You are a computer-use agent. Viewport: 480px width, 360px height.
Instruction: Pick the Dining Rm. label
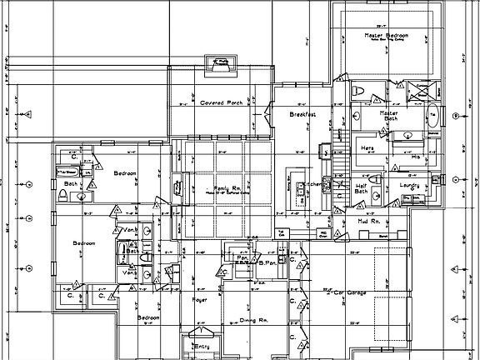click(252, 319)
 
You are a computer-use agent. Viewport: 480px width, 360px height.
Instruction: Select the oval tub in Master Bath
click(432, 116)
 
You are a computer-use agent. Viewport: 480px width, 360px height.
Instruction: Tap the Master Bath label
click(388, 116)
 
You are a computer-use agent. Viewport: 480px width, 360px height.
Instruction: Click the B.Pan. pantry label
click(267, 264)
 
